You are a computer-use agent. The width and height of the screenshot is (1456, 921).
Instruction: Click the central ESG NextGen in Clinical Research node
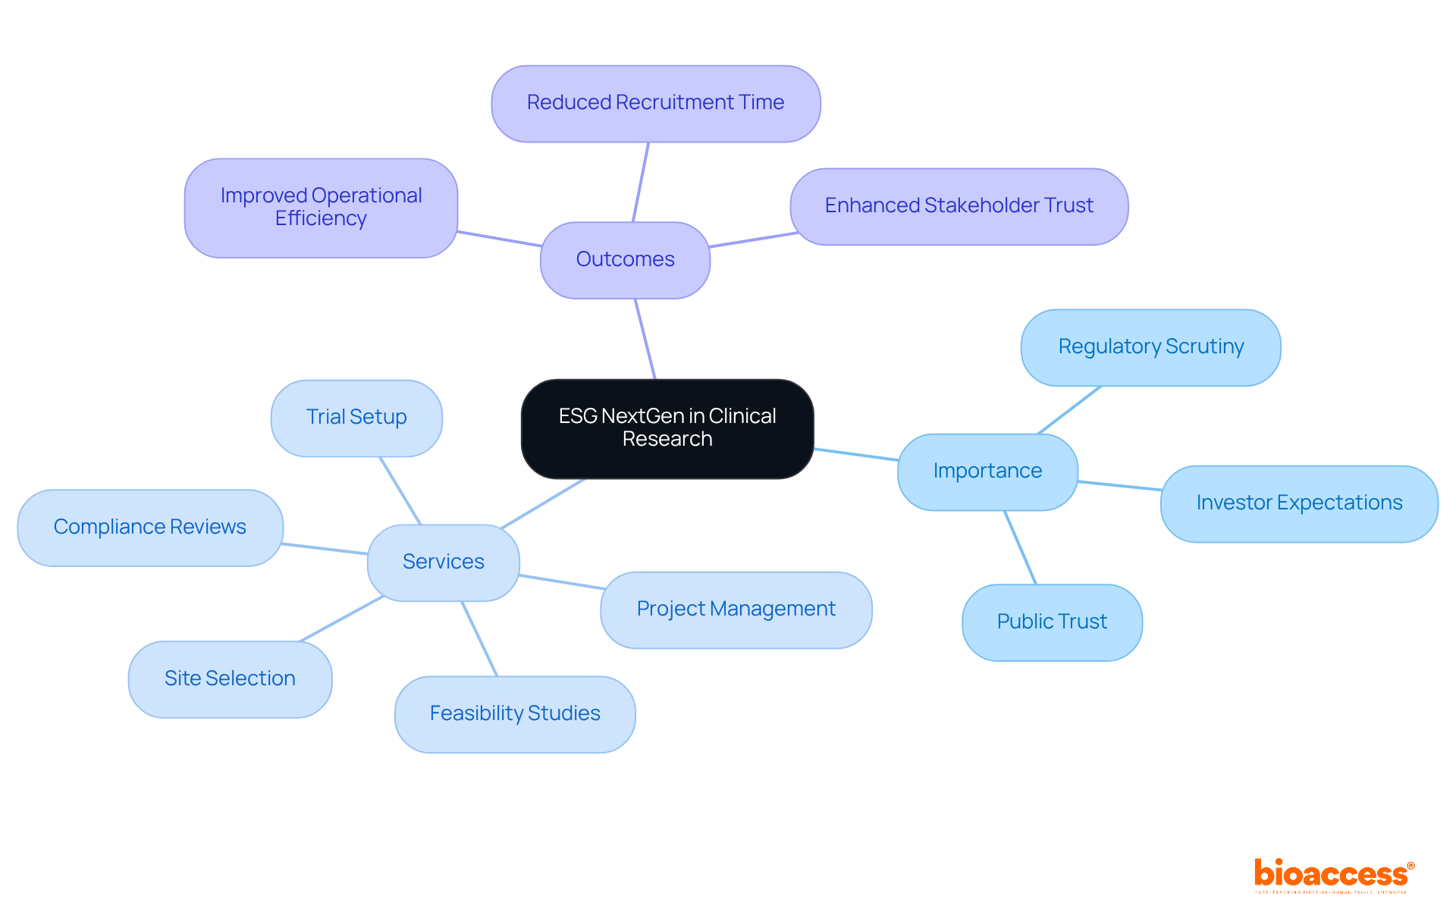coord(667,428)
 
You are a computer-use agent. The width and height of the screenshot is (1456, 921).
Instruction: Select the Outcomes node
coord(625,259)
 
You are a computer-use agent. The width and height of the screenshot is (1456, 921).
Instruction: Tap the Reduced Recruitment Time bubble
coord(655,103)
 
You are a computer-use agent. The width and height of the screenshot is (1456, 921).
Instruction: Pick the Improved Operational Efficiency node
coord(321,207)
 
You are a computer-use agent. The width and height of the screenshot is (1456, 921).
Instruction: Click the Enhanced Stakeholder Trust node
coord(959,206)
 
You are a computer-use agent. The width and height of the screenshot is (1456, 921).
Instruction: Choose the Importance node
coord(987,471)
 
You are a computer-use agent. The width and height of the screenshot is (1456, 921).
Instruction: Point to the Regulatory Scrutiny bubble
coord(1150,347)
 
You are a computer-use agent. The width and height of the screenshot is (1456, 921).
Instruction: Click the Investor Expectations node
coord(1298,503)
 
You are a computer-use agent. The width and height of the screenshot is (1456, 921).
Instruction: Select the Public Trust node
coord(1052,622)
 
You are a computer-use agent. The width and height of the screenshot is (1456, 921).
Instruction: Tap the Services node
coord(443,562)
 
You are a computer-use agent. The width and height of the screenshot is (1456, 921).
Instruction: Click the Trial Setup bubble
coord(356,418)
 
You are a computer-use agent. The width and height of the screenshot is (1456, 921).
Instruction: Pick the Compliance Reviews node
coord(150,528)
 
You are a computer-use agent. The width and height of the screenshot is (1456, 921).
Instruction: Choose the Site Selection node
coord(230,679)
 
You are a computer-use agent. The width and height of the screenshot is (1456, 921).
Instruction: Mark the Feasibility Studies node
coord(515,714)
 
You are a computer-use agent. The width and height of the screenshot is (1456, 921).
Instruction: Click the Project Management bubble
coord(736,609)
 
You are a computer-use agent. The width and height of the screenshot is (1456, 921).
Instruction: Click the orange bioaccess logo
coord(1332,874)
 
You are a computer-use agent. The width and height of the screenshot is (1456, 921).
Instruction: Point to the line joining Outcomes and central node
coord(645,339)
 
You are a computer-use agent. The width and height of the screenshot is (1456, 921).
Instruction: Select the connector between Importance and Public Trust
coord(1021,547)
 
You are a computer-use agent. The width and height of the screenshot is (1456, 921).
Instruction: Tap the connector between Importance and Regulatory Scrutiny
coord(1069,410)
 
